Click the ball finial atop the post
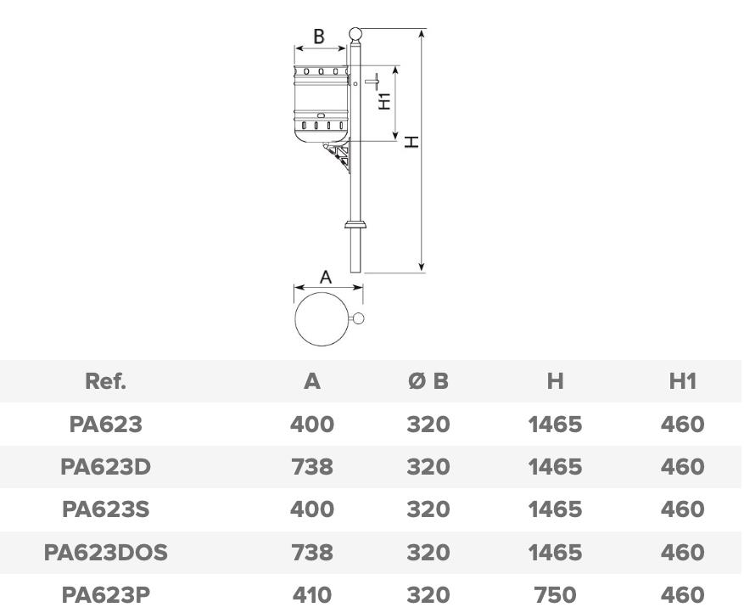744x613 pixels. pyautogui.click(x=355, y=34)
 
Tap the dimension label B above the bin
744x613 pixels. pyautogui.click(x=319, y=37)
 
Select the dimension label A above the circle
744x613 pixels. pyautogui.click(x=326, y=277)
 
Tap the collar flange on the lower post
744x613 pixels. pyautogui.click(x=355, y=225)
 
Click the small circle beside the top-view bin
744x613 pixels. pyautogui.click(x=358, y=318)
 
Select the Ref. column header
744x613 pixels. pyautogui.click(x=105, y=381)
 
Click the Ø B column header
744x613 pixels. pyautogui.click(x=428, y=381)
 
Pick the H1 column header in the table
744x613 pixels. pyautogui.click(x=682, y=381)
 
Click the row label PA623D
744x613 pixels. pyautogui.click(x=105, y=467)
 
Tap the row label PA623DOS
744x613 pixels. pyautogui.click(x=105, y=553)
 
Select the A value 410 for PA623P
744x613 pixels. pyautogui.click(x=312, y=594)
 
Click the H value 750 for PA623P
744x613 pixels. pyautogui.click(x=555, y=594)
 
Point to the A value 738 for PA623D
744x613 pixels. pyautogui.click(x=312, y=467)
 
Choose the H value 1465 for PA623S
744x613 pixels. pyautogui.click(x=555, y=509)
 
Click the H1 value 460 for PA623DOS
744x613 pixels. pyautogui.click(x=682, y=553)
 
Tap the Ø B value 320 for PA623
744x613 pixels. pyautogui.click(x=428, y=424)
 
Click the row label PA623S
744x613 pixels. pyautogui.click(x=105, y=509)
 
